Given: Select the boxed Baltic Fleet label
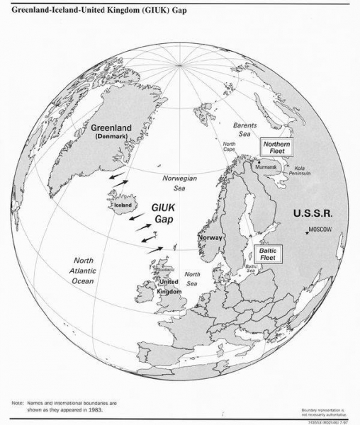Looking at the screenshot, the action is [x=266, y=254].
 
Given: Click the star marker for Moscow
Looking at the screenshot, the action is [x=308, y=232].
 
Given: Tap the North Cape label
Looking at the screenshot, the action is [x=229, y=147].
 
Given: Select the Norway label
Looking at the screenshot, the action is [x=211, y=238].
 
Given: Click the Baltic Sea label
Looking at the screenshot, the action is [x=250, y=269].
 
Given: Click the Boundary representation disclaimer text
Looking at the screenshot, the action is [x=325, y=412].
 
